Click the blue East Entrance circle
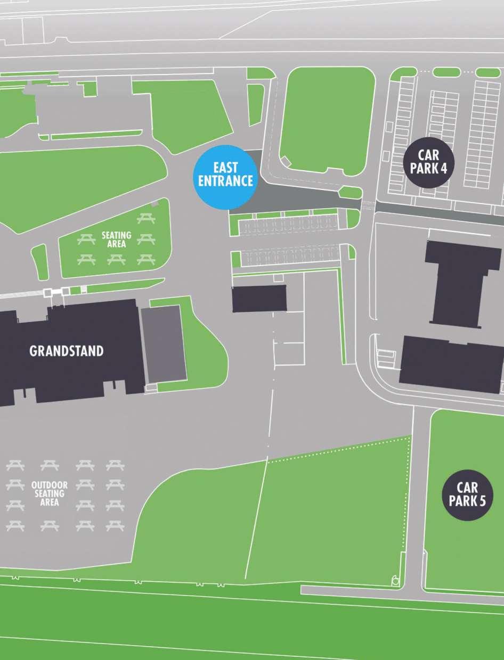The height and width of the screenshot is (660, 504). tap(225, 176)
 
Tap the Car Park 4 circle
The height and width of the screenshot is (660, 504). tap(428, 162)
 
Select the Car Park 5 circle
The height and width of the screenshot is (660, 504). tap(467, 494)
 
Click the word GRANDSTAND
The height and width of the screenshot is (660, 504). tap(67, 351)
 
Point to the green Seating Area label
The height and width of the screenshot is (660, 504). tap(116, 240)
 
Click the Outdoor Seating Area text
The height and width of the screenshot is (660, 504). tap(50, 493)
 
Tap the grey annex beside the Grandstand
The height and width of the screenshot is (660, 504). tap(164, 343)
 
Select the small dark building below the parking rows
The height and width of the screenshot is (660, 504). tap(259, 298)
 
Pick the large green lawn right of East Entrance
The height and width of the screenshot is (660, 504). tap(326, 120)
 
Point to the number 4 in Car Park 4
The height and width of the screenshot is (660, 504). tap(443, 169)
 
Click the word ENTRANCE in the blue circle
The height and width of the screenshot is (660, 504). tap(225, 181)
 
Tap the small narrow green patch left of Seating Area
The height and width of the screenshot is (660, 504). tap(39, 261)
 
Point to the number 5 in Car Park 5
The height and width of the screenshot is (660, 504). tap(482, 501)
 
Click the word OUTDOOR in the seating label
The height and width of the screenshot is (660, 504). tap(50, 485)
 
